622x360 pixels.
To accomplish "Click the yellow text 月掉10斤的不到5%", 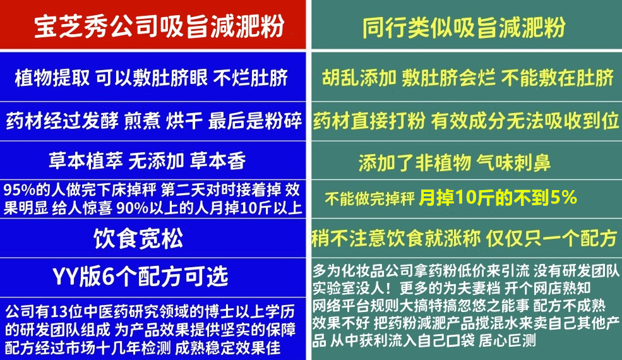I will [498, 198].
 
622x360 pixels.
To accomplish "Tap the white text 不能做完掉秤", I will [369, 200].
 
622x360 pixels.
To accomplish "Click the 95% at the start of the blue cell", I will [16, 189].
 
